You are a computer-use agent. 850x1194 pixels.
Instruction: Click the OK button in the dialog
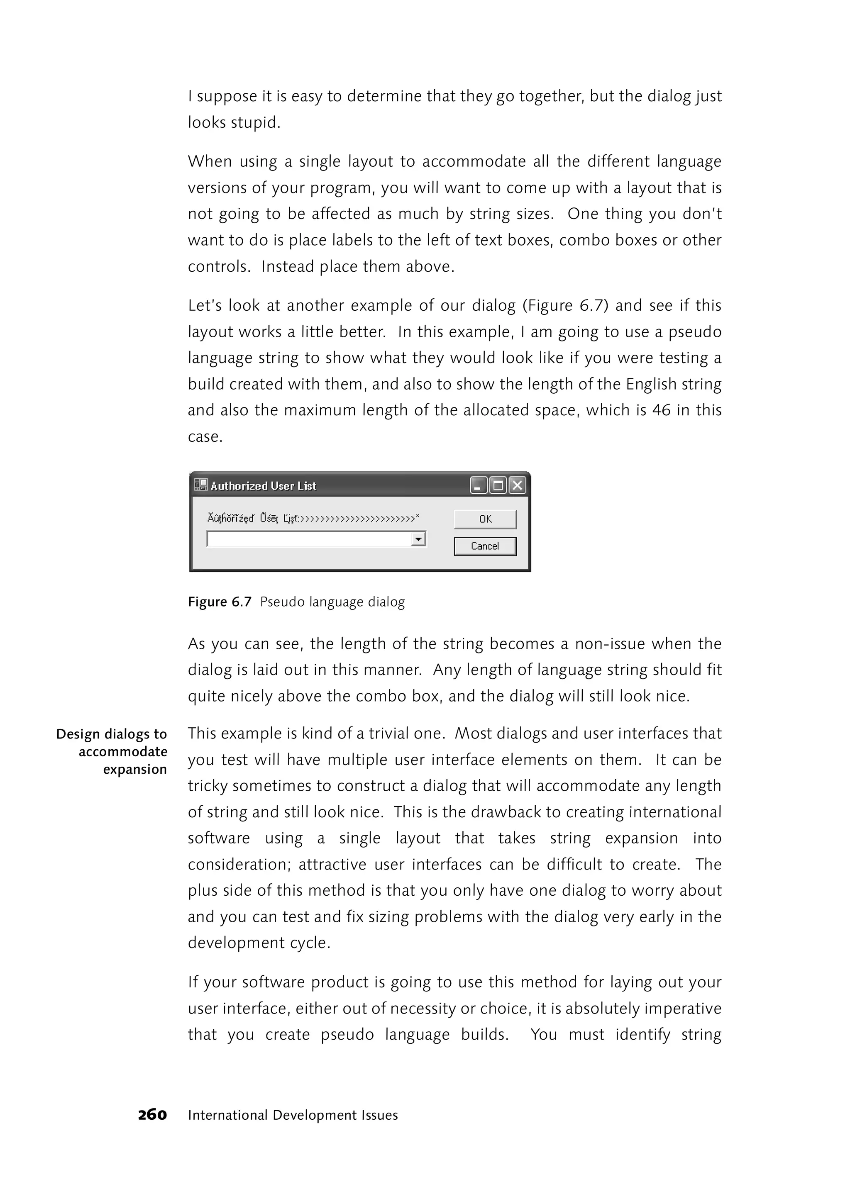(485, 519)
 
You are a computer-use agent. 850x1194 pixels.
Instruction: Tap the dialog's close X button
(517, 485)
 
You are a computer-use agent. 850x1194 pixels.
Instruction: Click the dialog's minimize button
(478, 485)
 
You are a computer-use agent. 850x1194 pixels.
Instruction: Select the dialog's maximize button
(498, 485)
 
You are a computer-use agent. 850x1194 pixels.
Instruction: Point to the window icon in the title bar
(200, 485)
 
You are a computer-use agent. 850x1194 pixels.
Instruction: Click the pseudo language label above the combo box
(313, 519)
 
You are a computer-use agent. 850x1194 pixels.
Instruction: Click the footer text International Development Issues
(293, 1116)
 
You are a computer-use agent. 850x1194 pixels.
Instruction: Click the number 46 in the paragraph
(661, 410)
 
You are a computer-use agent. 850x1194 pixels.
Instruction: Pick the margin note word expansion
(134, 770)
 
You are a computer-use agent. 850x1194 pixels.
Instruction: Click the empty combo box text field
(309, 539)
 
